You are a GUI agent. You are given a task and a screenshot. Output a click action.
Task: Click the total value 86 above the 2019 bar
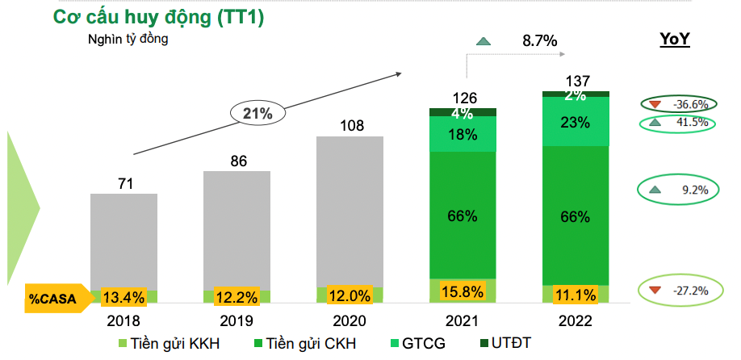238,161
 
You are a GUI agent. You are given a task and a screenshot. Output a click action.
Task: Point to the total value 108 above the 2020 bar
350,126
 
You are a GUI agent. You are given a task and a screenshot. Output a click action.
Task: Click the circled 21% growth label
257,115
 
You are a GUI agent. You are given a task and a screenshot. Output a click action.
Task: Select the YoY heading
675,40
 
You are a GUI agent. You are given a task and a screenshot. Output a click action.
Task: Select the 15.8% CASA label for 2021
463,291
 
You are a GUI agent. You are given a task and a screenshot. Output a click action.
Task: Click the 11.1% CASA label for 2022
576,296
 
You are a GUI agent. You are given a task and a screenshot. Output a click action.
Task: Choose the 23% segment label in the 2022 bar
576,122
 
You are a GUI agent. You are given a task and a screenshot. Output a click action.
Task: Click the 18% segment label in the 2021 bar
463,135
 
